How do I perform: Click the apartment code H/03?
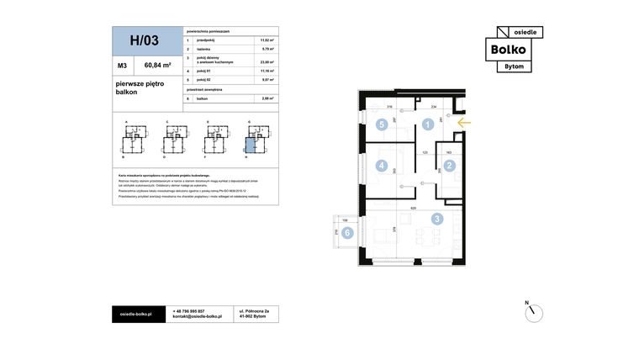145,40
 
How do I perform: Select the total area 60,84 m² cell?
157,64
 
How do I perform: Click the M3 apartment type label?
123,64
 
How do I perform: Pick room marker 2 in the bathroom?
449,166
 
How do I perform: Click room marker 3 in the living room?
436,219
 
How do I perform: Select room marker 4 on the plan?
382,166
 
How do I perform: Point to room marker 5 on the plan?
382,124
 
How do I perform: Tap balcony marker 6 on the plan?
346,233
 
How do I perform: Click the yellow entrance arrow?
463,123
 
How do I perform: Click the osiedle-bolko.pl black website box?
136,314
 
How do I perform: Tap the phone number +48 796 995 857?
189,310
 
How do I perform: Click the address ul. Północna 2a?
255,310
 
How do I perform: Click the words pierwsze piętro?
140,84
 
